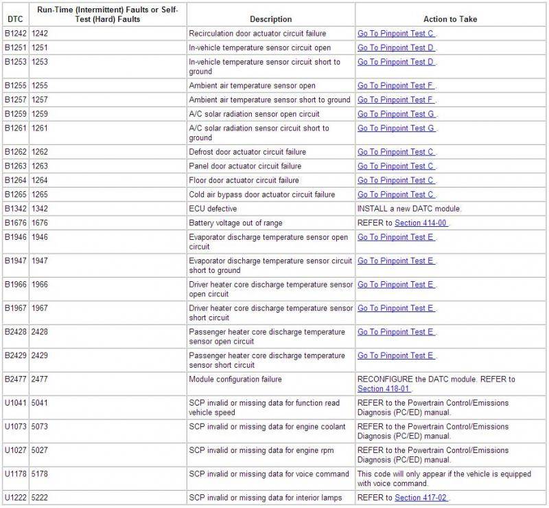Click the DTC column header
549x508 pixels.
pyautogui.click(x=14, y=19)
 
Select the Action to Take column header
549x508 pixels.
pyautogui.click(x=450, y=19)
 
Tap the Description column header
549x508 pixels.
pyautogui.click(x=270, y=19)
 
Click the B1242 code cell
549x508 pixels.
pyautogui.click(x=14, y=34)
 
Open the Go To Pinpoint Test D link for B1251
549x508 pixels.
pyautogui.click(x=395, y=48)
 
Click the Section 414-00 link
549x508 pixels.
pyautogui.click(x=421, y=223)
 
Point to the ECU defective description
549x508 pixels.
pyautogui.click(x=213, y=209)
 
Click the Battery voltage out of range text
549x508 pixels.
pyautogui.click(x=235, y=223)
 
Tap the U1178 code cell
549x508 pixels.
pyautogui.click(x=14, y=474)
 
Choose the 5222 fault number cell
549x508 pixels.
pyautogui.click(x=40, y=498)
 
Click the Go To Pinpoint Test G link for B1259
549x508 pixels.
pyautogui.click(x=395, y=114)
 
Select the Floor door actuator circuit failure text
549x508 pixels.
pyautogui.click(x=244, y=181)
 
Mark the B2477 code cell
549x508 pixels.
pyautogui.click(x=14, y=379)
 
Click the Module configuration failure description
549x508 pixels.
pyautogui.click(x=235, y=379)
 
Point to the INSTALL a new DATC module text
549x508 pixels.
pyautogui.click(x=409, y=209)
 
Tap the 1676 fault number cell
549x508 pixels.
pyautogui.click(x=40, y=223)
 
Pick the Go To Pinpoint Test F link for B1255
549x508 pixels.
pyautogui.click(x=395, y=86)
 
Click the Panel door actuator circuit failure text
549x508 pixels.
pyautogui.click(x=245, y=166)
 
